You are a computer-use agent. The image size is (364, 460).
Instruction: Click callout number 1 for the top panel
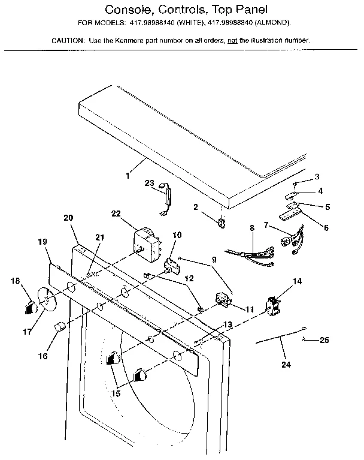tap(128, 176)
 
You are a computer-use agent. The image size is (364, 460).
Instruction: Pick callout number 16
tap(43, 356)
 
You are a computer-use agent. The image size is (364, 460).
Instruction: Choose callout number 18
tap(15, 280)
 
